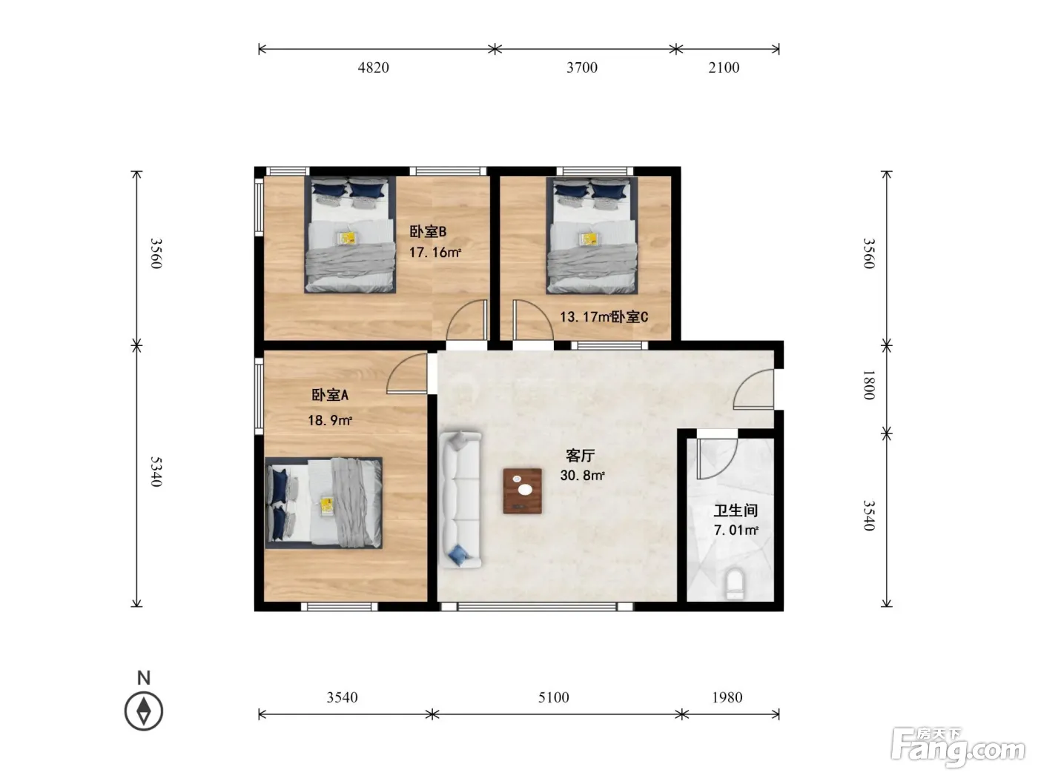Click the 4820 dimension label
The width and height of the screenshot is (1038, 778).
tap(373, 67)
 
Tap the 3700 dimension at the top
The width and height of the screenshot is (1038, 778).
tap(582, 67)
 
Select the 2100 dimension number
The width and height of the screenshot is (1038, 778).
tap(724, 67)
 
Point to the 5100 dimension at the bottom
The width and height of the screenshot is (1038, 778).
tap(553, 697)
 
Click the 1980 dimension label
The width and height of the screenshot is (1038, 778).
tap(727, 697)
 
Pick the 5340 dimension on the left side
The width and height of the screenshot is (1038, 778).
tap(156, 471)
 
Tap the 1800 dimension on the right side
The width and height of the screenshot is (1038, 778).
tap(869, 385)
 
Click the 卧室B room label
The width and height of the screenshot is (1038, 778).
tap(428, 231)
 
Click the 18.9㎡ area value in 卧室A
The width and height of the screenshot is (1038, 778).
tap(330, 420)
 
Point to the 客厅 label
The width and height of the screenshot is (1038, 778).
tap(581, 456)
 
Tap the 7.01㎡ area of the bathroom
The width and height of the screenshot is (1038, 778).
tap(735, 530)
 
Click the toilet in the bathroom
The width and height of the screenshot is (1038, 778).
tap(735, 584)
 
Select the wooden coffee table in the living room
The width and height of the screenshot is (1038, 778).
tap(523, 491)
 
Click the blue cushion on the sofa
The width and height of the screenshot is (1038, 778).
tap(457, 555)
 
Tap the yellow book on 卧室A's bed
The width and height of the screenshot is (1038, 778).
tap(326, 505)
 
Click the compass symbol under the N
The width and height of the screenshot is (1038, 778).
tap(144, 711)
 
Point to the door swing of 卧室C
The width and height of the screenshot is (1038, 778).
tap(533, 319)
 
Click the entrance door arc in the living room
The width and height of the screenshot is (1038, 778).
tap(753, 389)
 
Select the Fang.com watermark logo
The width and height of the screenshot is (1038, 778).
tap(958, 748)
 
